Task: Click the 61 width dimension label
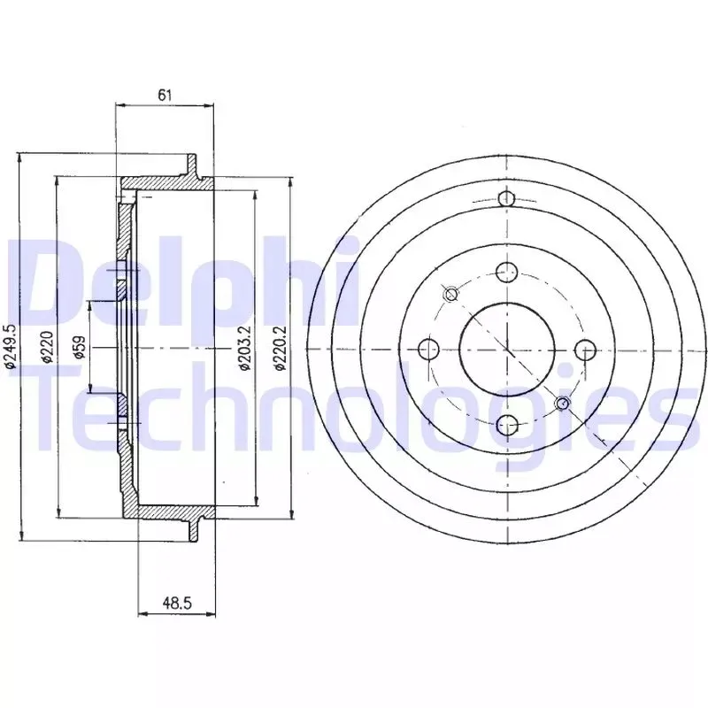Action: click(165, 95)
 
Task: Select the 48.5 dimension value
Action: click(178, 603)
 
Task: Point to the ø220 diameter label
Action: click(48, 347)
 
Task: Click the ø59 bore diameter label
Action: click(80, 347)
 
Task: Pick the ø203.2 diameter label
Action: click(245, 348)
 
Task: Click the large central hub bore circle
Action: click(506, 349)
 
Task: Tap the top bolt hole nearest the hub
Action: click(506, 272)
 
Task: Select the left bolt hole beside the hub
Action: click(429, 349)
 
